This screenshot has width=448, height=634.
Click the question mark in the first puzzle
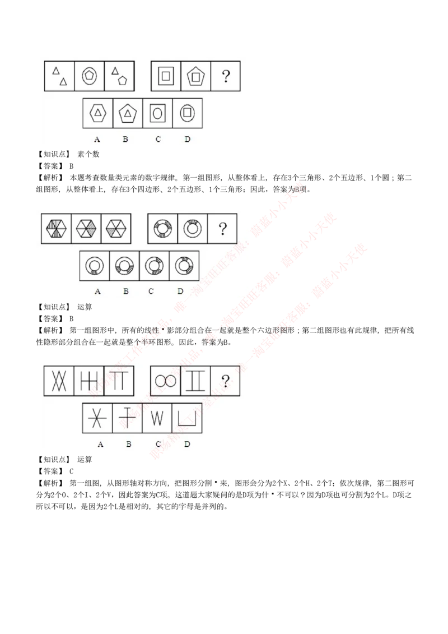click(x=226, y=76)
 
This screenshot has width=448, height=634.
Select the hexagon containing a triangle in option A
click(x=98, y=113)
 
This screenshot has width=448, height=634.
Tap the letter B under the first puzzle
click(x=125, y=139)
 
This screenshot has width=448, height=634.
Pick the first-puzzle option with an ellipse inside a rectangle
click(x=157, y=113)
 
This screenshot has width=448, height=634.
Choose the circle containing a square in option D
click(x=187, y=113)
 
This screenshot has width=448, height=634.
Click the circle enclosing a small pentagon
click(x=89, y=76)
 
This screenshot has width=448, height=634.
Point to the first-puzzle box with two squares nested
click(x=166, y=76)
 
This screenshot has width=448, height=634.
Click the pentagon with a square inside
click(x=195, y=76)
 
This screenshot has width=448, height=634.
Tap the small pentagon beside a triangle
click(x=122, y=80)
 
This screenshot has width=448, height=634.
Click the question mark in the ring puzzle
click(x=222, y=228)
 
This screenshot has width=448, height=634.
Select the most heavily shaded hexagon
click(x=56, y=229)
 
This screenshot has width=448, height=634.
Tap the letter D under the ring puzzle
click(x=180, y=291)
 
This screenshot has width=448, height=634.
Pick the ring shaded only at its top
click(x=193, y=229)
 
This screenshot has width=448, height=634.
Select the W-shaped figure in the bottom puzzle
click(x=157, y=418)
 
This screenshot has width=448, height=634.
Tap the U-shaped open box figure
click(x=186, y=418)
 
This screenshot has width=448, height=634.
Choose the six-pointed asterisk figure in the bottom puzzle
click(x=97, y=418)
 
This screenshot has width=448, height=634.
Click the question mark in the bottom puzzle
click(x=225, y=381)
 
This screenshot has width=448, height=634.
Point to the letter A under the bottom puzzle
click(x=100, y=444)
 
